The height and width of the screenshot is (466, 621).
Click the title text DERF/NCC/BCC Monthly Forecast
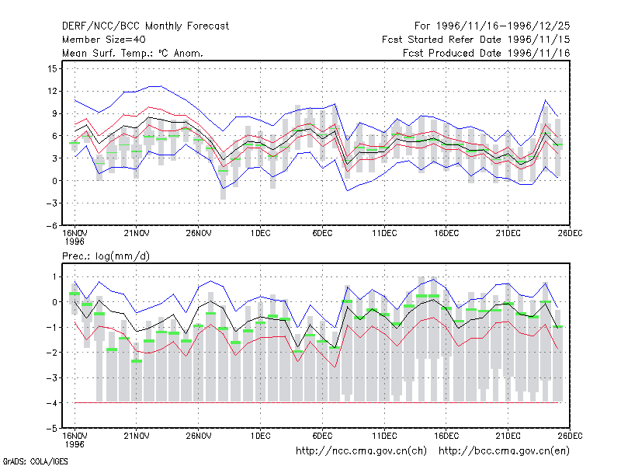(145, 26)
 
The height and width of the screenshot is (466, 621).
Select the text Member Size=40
(104, 40)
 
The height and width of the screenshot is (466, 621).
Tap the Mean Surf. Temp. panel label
(132, 53)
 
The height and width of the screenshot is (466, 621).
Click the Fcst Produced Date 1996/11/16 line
(487, 53)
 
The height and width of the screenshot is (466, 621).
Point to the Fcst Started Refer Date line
(476, 40)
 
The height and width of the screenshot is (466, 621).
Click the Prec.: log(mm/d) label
(106, 256)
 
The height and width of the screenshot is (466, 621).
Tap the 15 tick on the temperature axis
(52, 68)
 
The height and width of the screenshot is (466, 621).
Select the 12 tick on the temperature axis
(52, 91)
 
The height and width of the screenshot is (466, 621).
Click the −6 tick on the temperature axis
(51, 225)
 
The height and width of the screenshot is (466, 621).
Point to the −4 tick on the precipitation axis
(51, 403)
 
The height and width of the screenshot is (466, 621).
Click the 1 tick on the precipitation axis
(54, 276)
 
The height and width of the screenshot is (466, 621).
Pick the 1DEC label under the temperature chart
(260, 233)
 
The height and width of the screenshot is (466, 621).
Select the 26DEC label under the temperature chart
(570, 233)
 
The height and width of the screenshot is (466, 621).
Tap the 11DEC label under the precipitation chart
(384, 436)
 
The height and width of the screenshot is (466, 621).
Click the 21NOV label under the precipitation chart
(137, 436)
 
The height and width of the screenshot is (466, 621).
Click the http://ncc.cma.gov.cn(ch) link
(361, 450)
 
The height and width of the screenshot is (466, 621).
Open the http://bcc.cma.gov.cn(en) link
(504, 450)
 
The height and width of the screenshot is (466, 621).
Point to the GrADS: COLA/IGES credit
(35, 461)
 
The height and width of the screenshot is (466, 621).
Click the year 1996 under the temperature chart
(75, 242)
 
